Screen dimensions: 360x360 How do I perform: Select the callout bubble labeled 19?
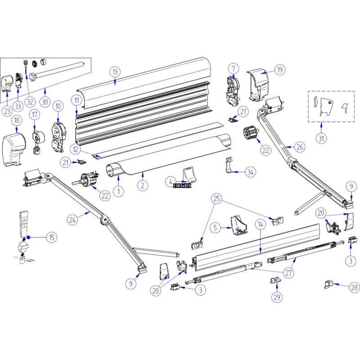[279, 70]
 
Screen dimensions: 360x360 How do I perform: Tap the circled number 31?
[321, 138]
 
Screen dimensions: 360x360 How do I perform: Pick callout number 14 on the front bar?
[260, 224]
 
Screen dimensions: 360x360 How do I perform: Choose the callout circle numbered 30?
[45, 101]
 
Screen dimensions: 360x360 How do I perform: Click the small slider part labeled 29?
[274, 280]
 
